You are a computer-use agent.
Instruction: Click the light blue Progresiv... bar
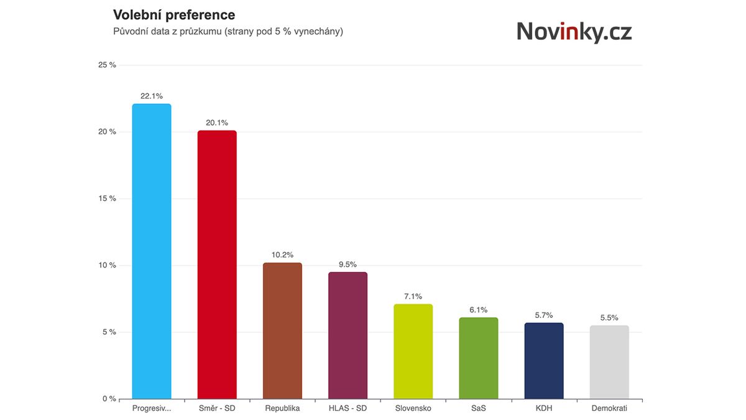click(x=152, y=251)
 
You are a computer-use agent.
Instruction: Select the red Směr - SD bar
click(x=217, y=264)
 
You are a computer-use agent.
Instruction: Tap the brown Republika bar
click(x=282, y=330)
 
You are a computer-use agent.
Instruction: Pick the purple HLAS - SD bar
click(x=348, y=335)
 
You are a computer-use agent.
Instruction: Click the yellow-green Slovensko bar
click(x=413, y=352)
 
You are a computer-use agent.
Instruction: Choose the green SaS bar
click(x=479, y=358)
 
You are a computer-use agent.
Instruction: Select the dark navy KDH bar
click(x=544, y=361)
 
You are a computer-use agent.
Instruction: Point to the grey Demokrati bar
click(x=609, y=362)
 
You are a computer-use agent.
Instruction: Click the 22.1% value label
click(x=152, y=96)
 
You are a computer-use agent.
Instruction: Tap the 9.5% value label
click(x=348, y=264)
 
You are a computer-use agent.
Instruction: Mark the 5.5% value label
click(x=609, y=317)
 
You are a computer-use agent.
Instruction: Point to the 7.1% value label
click(x=413, y=296)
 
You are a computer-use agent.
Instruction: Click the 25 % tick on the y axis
click(x=108, y=65)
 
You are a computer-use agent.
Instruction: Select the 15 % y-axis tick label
click(x=108, y=198)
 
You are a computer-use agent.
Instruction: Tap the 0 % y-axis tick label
click(x=109, y=399)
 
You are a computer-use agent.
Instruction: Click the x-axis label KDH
click(x=544, y=408)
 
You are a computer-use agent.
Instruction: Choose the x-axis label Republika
click(x=282, y=408)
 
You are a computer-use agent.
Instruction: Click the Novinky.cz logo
click(x=574, y=31)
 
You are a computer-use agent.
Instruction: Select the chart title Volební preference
click(x=173, y=14)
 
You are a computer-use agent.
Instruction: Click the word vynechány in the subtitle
click(x=316, y=31)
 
